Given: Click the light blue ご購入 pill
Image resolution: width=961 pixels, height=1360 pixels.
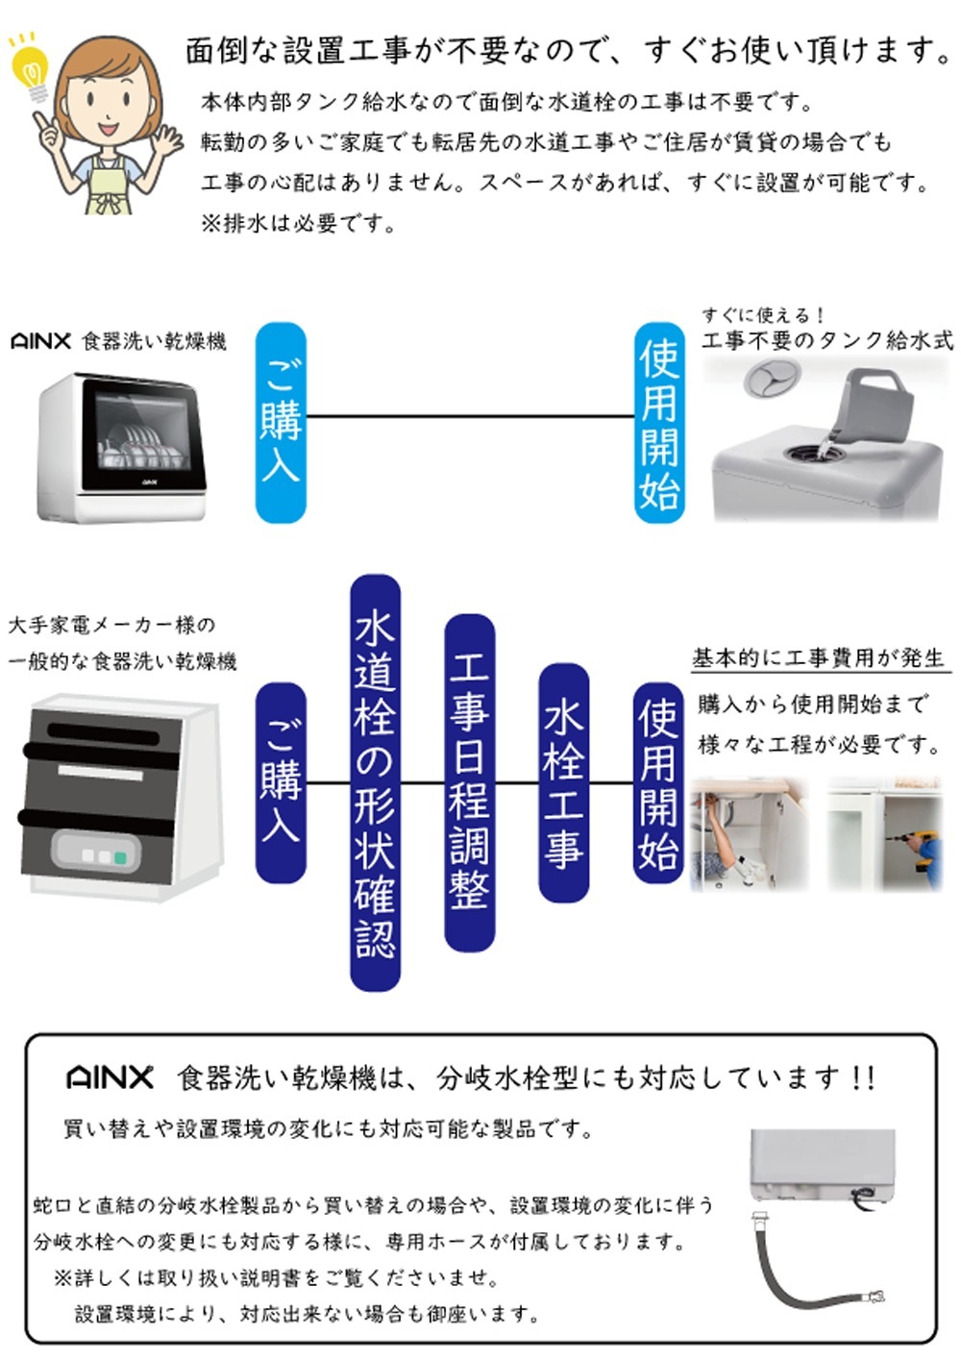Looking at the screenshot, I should pyautogui.click(x=281, y=422).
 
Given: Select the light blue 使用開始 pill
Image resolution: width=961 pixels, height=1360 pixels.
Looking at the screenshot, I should pyautogui.click(x=659, y=422).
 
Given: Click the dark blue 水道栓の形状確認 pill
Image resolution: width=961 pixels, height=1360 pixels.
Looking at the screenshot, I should pyautogui.click(x=375, y=782).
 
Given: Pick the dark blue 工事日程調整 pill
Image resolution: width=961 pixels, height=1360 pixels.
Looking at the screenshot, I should pyautogui.click(x=469, y=782).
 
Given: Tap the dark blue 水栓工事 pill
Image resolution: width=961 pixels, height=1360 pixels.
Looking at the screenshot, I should pyautogui.click(x=563, y=782).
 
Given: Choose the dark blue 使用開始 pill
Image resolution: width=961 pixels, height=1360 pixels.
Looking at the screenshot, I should pyautogui.click(x=658, y=782).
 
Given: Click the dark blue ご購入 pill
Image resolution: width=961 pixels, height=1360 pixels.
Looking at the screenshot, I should pyautogui.click(x=281, y=782).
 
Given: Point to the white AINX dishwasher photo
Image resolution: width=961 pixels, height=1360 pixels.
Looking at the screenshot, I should pyautogui.click(x=123, y=448).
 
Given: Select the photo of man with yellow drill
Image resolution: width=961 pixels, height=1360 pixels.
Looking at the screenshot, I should pyautogui.click(x=885, y=834).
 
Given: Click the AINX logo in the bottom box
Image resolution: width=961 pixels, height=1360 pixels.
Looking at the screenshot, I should pyautogui.click(x=110, y=1076).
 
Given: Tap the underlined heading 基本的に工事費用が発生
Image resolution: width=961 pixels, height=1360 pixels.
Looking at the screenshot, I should pyautogui.click(x=819, y=658).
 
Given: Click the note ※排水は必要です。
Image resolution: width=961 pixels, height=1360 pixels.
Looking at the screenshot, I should pyautogui.click(x=298, y=224).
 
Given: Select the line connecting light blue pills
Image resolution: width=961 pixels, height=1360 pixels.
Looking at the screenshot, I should pyautogui.click(x=470, y=416).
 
